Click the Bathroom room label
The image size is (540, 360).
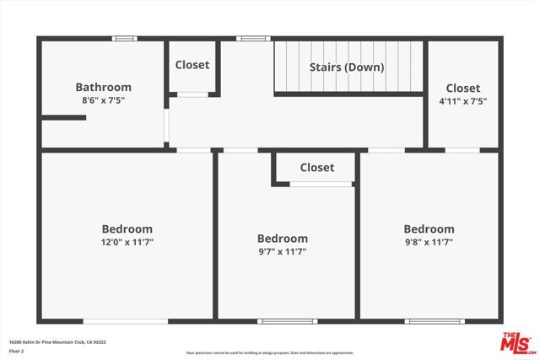click(103, 87)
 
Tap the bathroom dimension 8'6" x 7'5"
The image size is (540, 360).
click(103, 101)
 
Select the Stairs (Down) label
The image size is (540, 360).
click(347, 67)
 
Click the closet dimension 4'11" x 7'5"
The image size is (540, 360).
click(462, 101)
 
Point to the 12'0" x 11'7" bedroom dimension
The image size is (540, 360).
click(127, 242)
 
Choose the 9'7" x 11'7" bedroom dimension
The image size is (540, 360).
click(282, 252)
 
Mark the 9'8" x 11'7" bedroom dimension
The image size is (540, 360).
click(429, 242)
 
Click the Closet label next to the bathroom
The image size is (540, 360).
click(192, 65)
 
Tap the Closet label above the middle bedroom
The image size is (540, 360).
click(316, 168)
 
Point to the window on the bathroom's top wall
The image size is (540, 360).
click(125, 38)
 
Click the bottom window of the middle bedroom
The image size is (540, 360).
click(285, 320)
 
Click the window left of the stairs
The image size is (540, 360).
click(252, 38)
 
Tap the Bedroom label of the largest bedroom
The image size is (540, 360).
click(127, 228)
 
